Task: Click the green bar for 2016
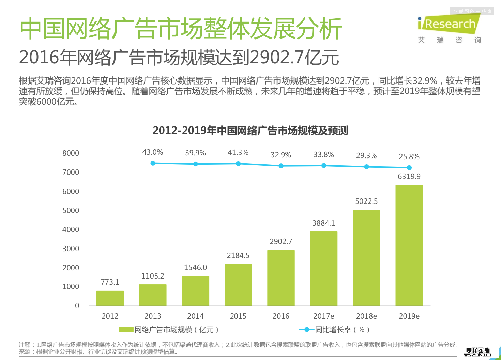click(x=281, y=278)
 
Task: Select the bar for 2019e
click(x=409, y=245)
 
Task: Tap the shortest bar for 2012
click(x=110, y=298)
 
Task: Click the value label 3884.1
click(x=323, y=223)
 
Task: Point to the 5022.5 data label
click(x=366, y=201)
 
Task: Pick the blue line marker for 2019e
click(x=409, y=168)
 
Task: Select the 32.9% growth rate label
click(x=281, y=155)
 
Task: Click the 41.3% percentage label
click(x=238, y=153)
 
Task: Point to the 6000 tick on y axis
click(x=71, y=192)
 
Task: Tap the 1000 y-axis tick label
click(x=71, y=287)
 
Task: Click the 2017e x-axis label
click(x=323, y=316)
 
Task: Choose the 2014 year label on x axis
click(x=195, y=316)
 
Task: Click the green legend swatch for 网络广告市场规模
click(x=126, y=330)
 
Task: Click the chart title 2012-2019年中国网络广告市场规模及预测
click(x=250, y=131)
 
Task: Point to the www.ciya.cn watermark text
click(x=477, y=355)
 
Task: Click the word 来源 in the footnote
click(x=25, y=351)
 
